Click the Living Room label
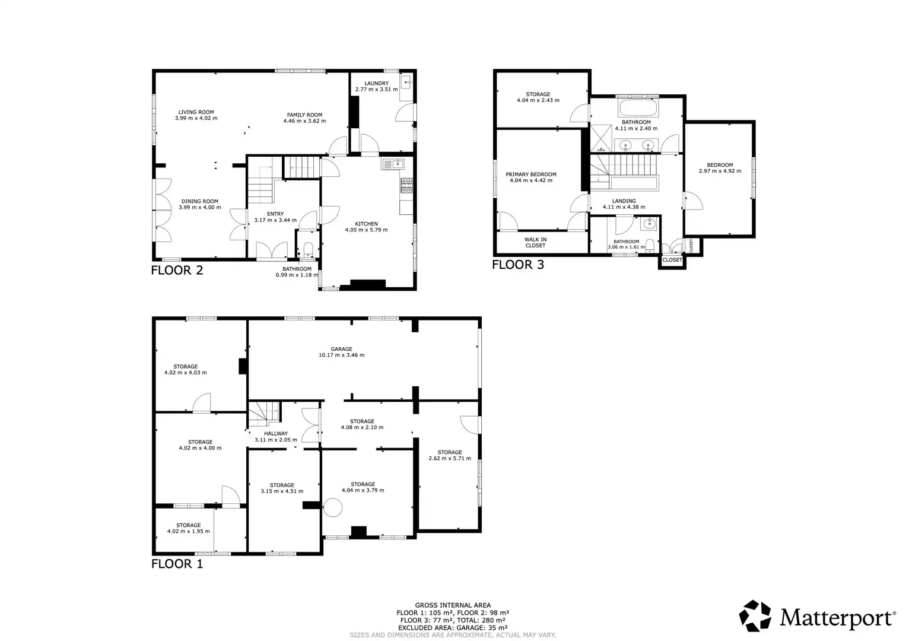click(196, 112)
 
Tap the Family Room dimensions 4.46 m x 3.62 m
click(304, 121)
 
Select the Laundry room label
click(377, 83)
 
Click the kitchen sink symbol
click(393, 164)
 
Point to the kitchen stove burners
click(406, 186)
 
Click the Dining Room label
click(200, 201)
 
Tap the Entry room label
click(275, 214)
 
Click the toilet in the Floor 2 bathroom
click(308, 249)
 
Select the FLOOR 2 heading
click(177, 270)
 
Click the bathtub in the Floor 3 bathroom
click(638, 108)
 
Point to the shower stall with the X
click(601, 138)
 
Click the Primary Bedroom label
click(531, 174)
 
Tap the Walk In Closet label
click(536, 242)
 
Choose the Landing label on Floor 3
click(624, 201)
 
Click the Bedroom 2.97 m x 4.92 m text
click(720, 168)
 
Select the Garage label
click(341, 349)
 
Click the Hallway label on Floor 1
click(276, 433)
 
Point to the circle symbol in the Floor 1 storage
click(332, 507)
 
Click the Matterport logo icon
click(755, 616)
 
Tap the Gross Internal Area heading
click(453, 605)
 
